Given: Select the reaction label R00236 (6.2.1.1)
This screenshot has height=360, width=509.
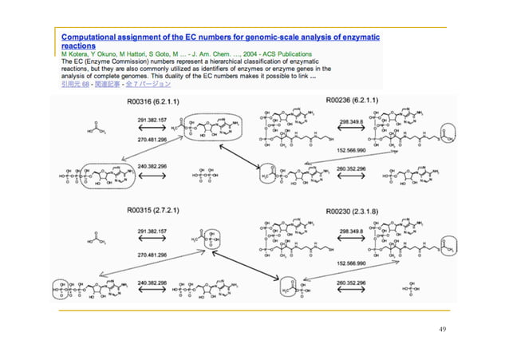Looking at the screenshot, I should [x=352, y=101].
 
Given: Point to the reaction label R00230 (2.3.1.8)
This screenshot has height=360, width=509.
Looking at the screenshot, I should [x=352, y=210].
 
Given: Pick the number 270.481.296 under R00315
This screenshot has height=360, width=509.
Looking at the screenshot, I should [x=152, y=254].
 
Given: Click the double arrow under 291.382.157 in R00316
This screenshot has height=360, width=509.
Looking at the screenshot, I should [x=152, y=127].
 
